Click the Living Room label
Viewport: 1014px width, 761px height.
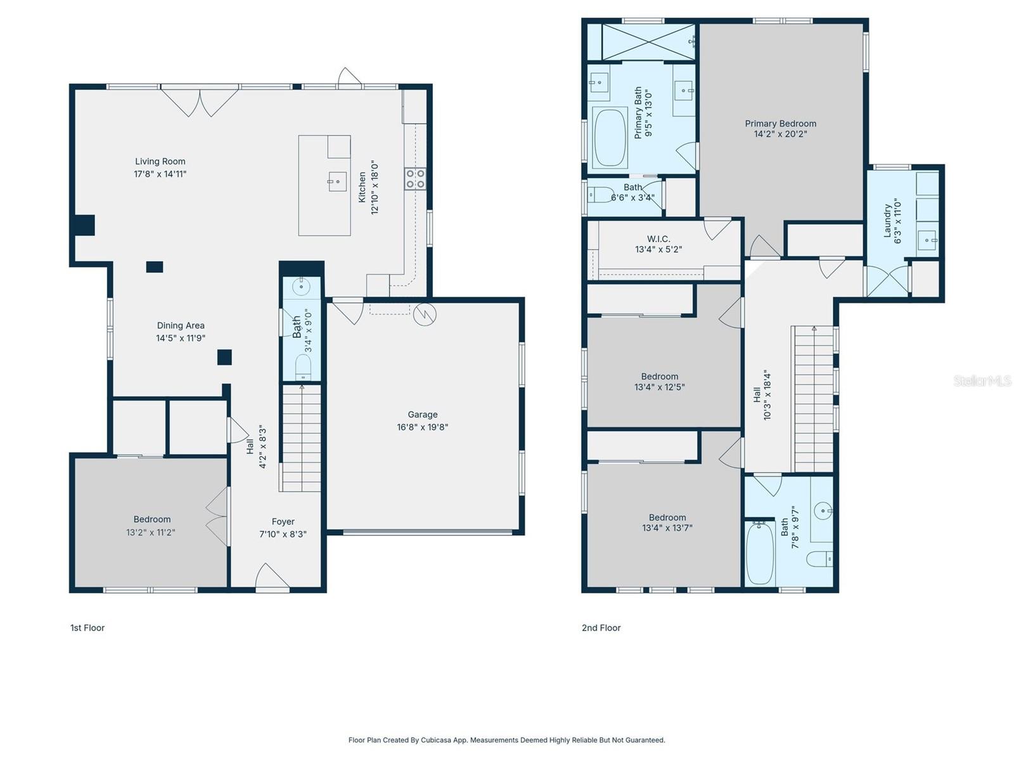pos(160,162)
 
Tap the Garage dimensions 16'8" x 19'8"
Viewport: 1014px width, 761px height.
pos(422,427)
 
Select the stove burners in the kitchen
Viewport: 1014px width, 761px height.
pos(415,179)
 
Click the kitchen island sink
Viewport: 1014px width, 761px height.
pos(337,181)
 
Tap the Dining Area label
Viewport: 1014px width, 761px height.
pos(181,326)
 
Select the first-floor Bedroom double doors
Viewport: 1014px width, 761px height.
pos(217,517)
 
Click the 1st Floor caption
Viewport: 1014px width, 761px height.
pos(87,628)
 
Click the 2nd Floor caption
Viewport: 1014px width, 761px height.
pos(601,628)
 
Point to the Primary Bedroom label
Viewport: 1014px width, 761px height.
pos(780,124)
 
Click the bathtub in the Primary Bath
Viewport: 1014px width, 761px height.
pos(610,138)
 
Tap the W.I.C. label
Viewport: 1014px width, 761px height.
pos(658,239)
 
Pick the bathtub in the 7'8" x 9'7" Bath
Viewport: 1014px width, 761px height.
pos(760,553)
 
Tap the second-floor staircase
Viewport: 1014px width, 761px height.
pos(814,400)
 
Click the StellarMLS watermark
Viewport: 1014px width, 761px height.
pos(982,380)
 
